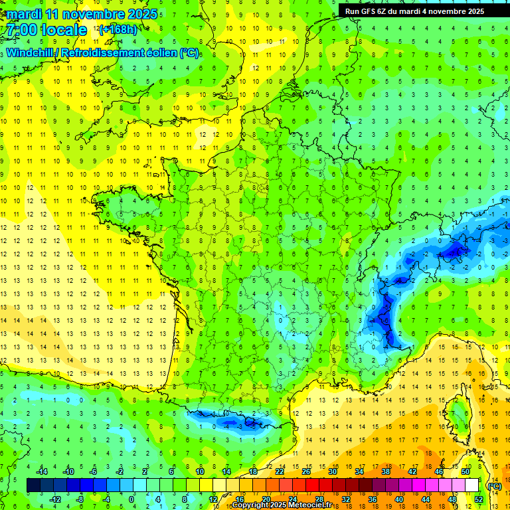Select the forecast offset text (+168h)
(118, 30)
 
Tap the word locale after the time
(64, 30)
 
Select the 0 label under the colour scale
(132, 499)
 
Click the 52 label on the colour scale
(479, 499)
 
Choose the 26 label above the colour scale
(306, 471)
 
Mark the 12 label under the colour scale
(212, 499)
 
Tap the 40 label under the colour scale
(399, 499)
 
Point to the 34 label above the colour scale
(359, 471)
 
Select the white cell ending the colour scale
(471, 485)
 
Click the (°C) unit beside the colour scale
(495, 485)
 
